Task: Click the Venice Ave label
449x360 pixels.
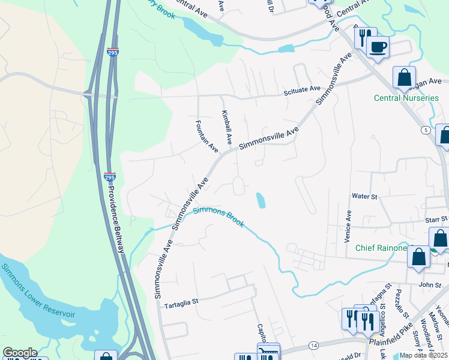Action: coord(348,226)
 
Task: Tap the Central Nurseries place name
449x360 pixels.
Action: coord(406,98)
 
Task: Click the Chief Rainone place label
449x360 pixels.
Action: coord(381,248)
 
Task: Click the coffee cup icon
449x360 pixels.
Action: coord(378,47)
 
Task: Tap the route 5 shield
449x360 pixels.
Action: coord(426,130)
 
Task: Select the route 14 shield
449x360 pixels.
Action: coord(314,345)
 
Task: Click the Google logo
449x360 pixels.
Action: coord(20,353)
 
